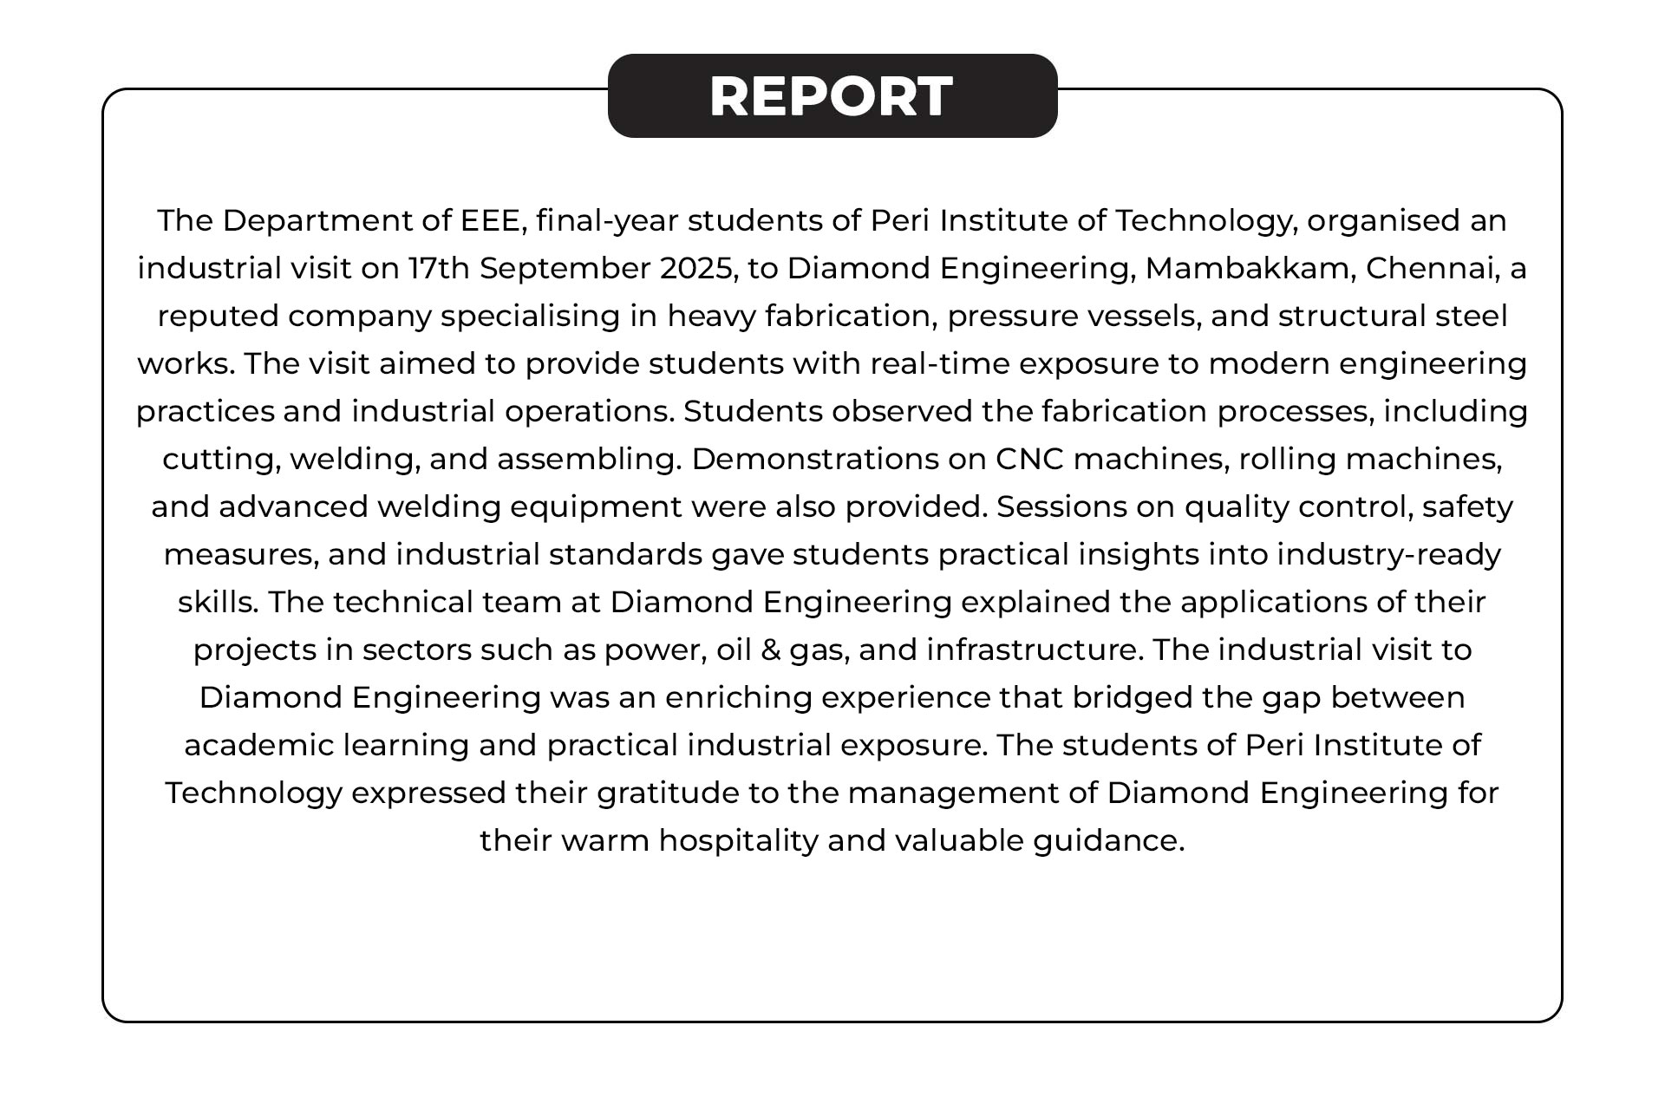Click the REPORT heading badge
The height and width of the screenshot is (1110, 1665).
point(832,95)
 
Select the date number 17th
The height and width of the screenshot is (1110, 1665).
point(439,269)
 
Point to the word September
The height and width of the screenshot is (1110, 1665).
point(565,269)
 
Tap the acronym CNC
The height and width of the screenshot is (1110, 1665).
point(1029,459)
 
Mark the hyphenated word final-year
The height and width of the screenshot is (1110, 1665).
point(607,221)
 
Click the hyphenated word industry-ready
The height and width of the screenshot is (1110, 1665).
point(1388,554)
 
